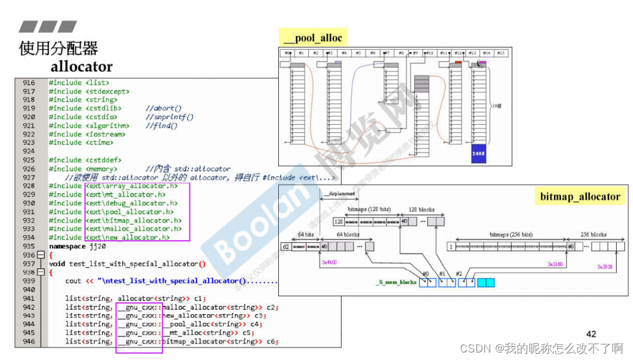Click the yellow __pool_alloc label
coord(313,38)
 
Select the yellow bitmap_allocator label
coord(580,196)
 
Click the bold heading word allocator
coord(81,66)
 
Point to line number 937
coord(29,264)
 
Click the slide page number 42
coord(590,334)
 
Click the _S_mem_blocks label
coord(396,282)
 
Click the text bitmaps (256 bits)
coord(510,235)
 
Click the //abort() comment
coord(164,109)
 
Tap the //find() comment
coord(161,126)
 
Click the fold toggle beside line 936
coord(41,255)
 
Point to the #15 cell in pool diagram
coord(500,53)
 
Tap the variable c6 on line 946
coord(270,342)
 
